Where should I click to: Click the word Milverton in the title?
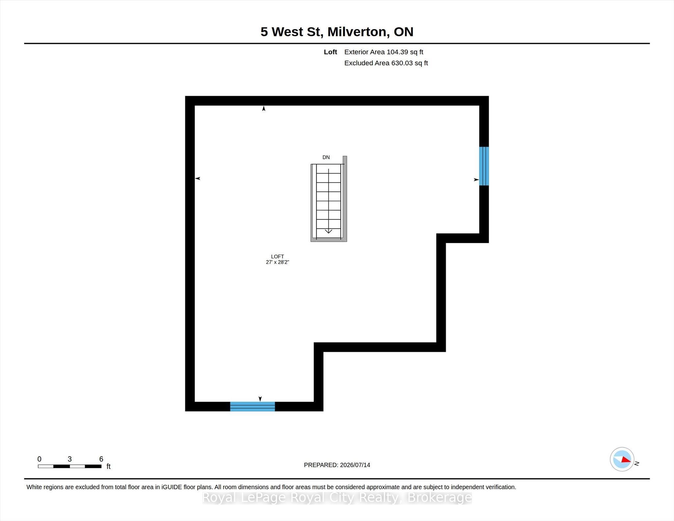click(x=357, y=32)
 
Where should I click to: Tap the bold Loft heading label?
click(x=330, y=52)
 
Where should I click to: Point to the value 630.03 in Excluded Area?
click(x=402, y=63)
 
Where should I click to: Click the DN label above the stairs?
click(x=326, y=157)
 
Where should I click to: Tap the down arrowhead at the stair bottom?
click(x=328, y=231)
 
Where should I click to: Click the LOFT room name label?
click(x=277, y=256)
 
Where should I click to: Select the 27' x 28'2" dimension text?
click(x=277, y=262)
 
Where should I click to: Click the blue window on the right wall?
click(x=484, y=166)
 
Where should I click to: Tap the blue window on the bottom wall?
click(x=252, y=406)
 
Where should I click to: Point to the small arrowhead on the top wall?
click(x=264, y=109)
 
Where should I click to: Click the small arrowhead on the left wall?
click(x=198, y=178)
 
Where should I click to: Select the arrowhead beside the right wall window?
click(x=476, y=180)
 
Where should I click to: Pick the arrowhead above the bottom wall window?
click(x=260, y=399)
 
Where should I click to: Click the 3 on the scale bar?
click(x=70, y=459)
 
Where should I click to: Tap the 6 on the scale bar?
click(x=101, y=459)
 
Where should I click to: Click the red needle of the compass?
click(x=626, y=460)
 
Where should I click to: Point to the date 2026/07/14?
click(x=355, y=465)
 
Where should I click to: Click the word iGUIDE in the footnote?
click(x=172, y=487)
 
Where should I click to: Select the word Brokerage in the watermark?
click(x=440, y=498)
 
